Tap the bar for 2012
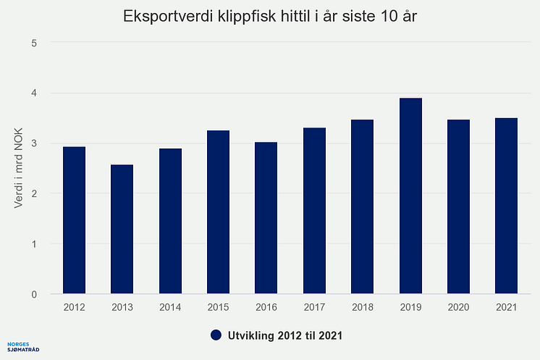tap(75, 220)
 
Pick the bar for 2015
tap(218, 212)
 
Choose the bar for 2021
tap(506, 206)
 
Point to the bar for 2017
tap(314, 211)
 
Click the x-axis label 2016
tap(266, 308)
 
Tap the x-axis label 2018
tap(362, 308)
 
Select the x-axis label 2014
tap(170, 308)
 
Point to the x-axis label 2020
tap(458, 308)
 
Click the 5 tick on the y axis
tap(34, 43)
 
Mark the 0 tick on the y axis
tap(34, 295)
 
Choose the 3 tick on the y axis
tap(34, 143)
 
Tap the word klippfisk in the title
tap(235, 16)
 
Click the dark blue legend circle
tap(215, 335)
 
